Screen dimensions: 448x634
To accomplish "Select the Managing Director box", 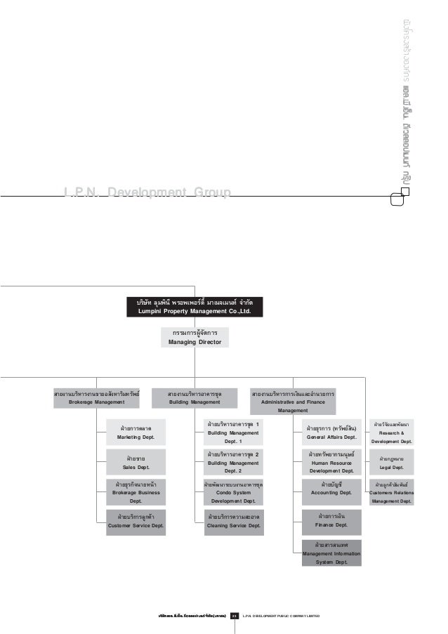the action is (x=195, y=337).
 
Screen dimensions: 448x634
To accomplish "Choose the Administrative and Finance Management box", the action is (x=298, y=402).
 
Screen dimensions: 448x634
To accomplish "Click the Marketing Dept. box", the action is (x=136, y=432).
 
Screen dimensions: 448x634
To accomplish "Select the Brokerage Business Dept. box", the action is (x=136, y=492).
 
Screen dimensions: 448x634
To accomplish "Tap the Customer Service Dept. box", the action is (x=136, y=523).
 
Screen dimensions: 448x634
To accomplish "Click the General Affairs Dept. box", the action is (x=331, y=432).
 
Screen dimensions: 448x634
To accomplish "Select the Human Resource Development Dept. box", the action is (x=331, y=463).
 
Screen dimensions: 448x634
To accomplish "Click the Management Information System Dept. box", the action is (x=331, y=553).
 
